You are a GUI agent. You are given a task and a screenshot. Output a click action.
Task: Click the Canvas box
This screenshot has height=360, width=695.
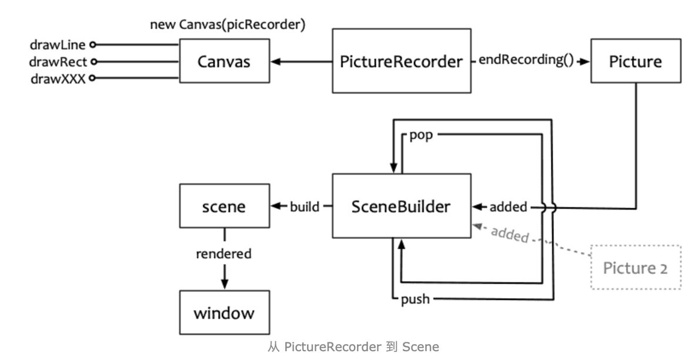(224, 61)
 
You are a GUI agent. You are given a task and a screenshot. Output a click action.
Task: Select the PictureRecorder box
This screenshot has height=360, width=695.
(401, 61)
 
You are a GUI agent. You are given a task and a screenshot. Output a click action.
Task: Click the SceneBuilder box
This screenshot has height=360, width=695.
(401, 206)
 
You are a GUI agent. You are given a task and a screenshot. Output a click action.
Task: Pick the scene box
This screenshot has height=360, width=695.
(223, 206)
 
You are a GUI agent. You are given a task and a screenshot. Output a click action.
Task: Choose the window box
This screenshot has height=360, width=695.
(223, 312)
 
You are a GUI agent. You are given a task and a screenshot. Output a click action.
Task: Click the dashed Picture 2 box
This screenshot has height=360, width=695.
(636, 268)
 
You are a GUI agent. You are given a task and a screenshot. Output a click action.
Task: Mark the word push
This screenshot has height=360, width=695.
(415, 300)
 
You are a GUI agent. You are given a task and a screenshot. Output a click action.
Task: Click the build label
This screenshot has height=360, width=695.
(305, 206)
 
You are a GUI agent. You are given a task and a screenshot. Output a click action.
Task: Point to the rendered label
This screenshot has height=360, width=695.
(223, 254)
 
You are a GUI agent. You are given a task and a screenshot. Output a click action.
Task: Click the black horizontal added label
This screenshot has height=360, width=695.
(508, 206)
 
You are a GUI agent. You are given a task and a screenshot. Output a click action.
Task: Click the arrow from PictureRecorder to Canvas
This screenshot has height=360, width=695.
(301, 61)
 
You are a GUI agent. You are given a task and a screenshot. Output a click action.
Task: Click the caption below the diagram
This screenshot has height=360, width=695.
(353, 347)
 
